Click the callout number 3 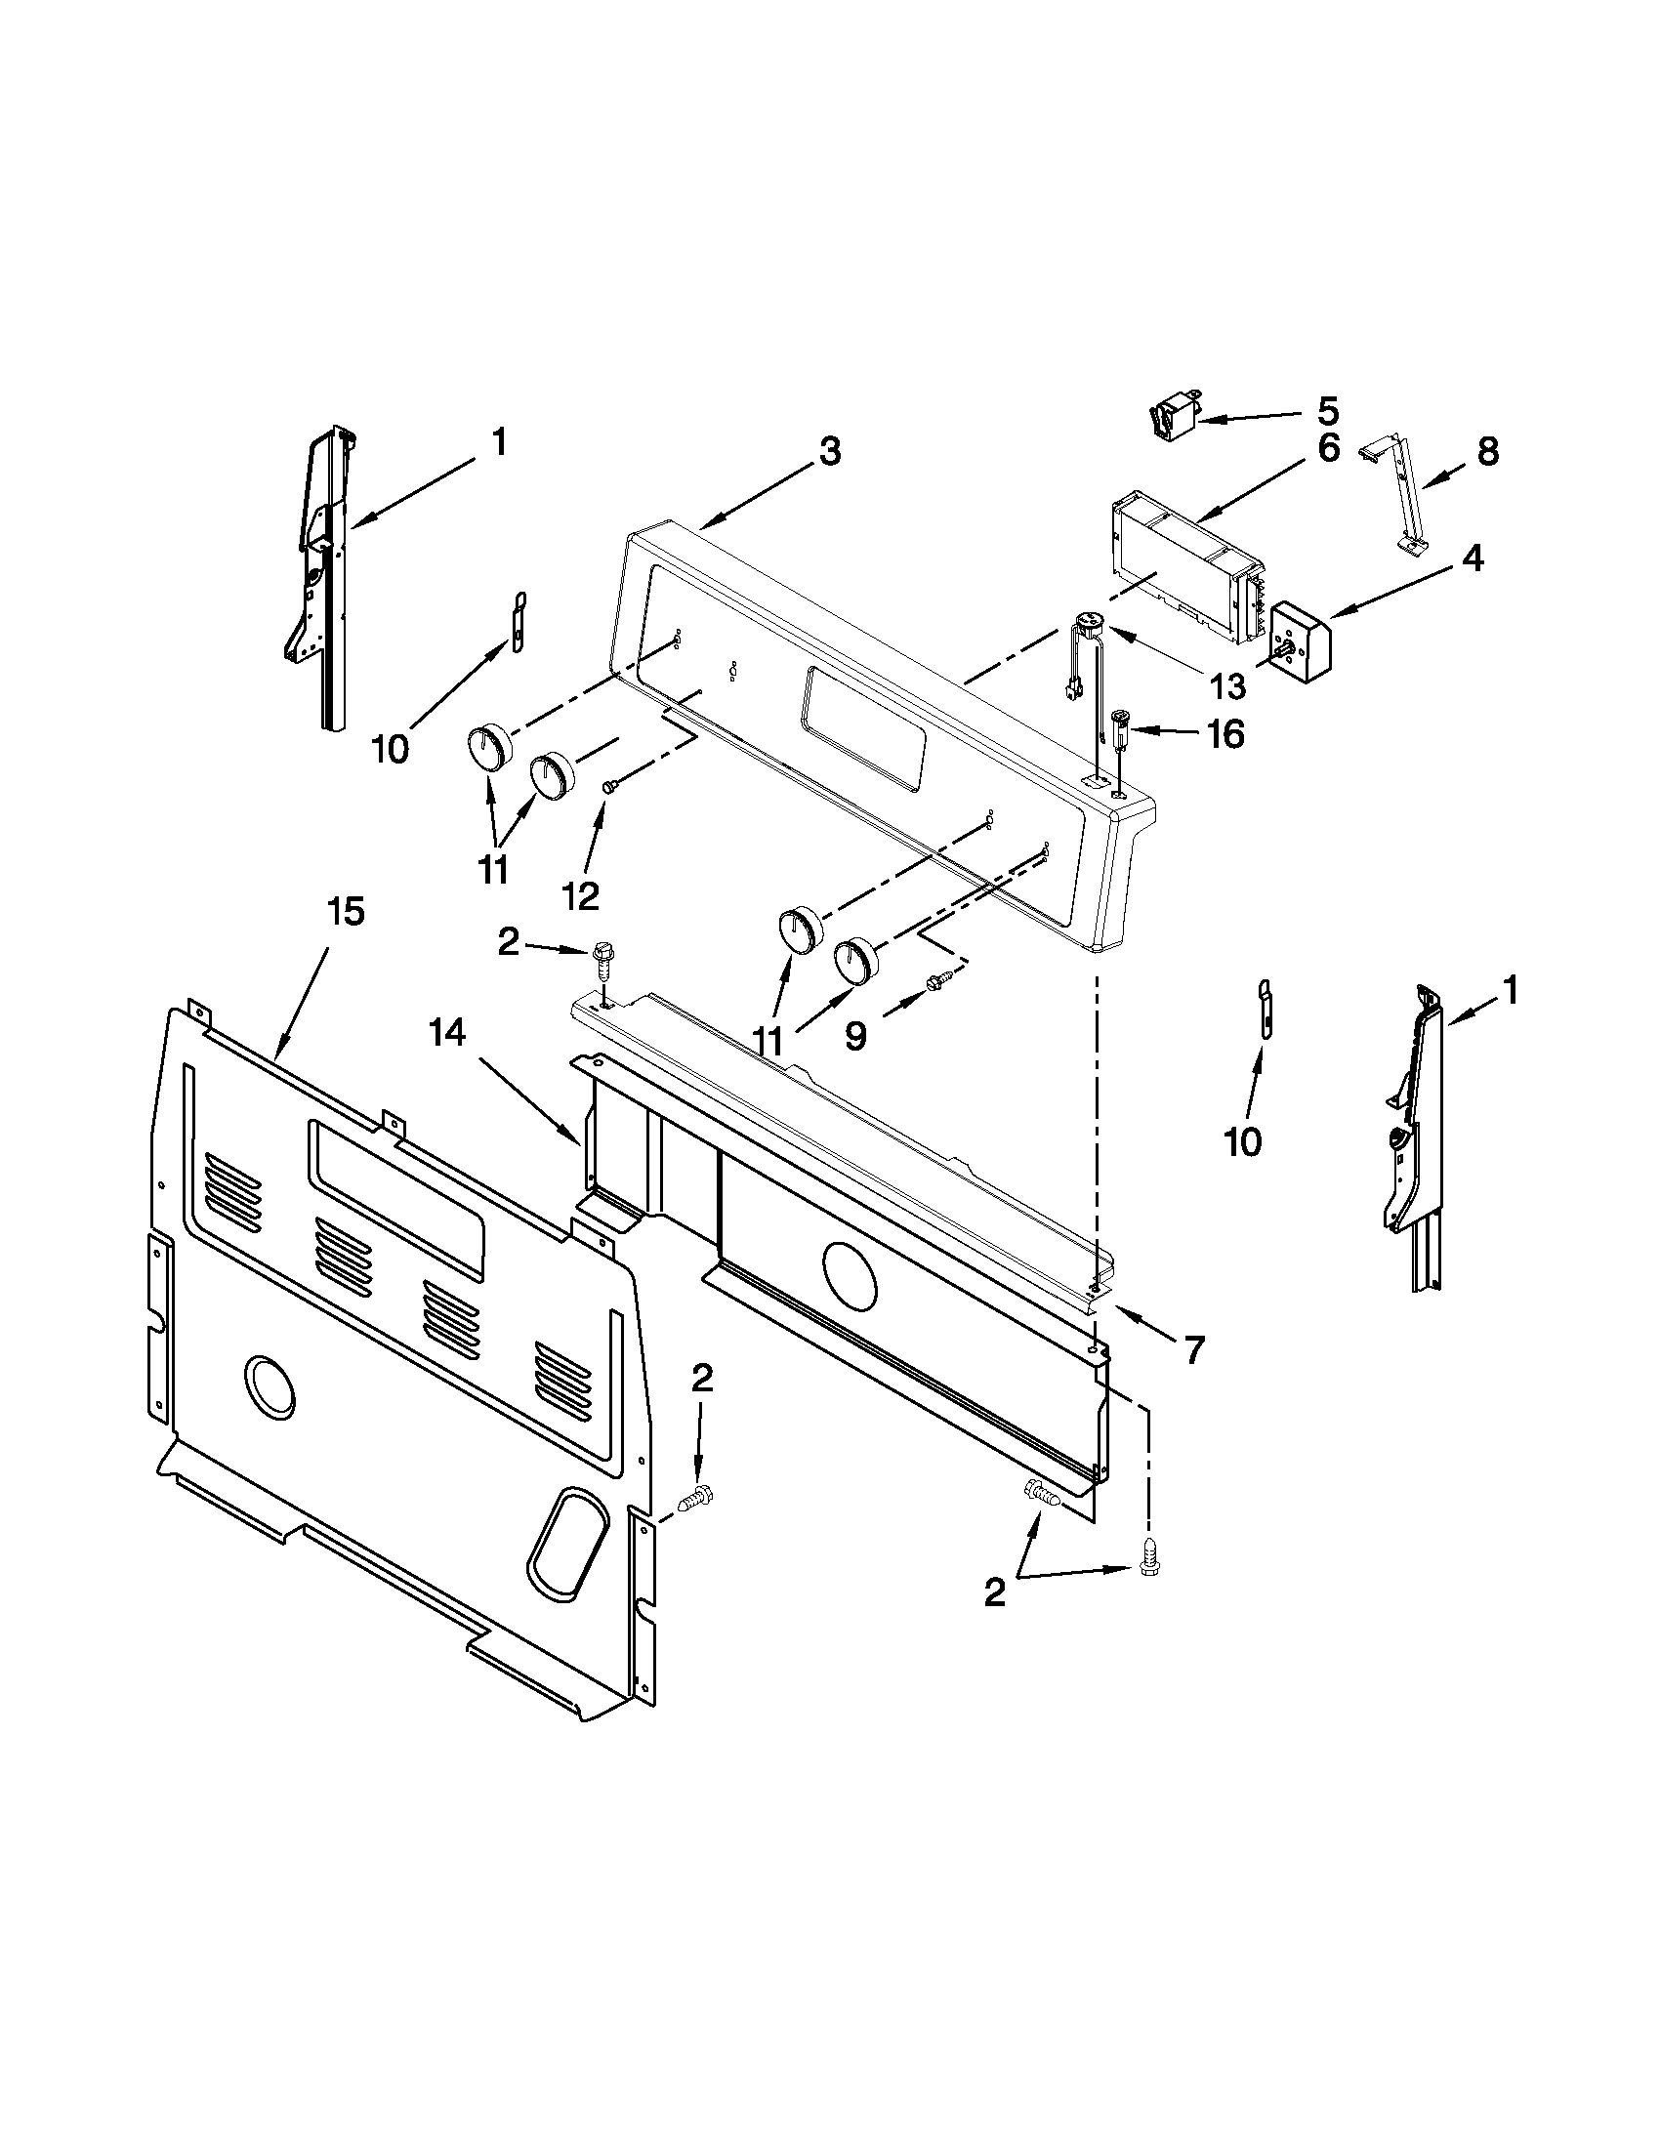click(x=831, y=454)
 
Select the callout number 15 click(x=346, y=912)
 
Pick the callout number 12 click(x=581, y=894)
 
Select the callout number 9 click(x=856, y=1034)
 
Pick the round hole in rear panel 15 click(x=270, y=1389)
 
